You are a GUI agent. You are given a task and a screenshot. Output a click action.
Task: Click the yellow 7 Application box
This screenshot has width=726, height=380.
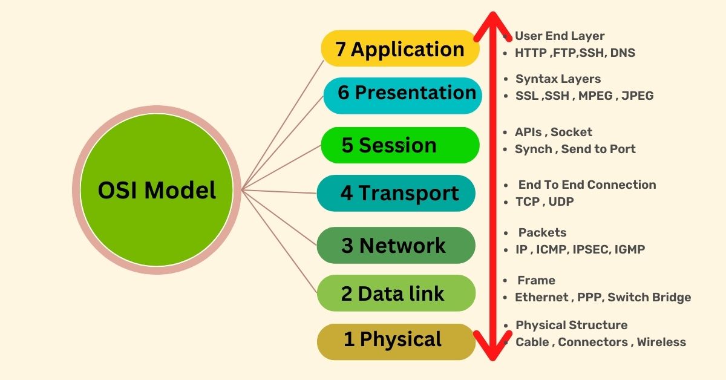(x=399, y=48)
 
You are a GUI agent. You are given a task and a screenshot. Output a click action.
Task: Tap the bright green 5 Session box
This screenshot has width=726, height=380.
(x=399, y=145)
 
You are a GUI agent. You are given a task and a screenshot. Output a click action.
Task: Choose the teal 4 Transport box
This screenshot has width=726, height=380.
(x=396, y=194)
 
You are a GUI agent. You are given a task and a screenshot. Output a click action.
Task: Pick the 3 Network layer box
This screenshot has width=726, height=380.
(x=396, y=246)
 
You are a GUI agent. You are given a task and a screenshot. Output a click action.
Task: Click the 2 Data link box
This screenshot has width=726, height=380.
(x=396, y=293)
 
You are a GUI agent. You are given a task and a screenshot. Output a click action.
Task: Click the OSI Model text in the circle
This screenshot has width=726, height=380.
(x=157, y=191)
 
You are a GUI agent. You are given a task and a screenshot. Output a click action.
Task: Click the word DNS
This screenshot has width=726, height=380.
(x=623, y=53)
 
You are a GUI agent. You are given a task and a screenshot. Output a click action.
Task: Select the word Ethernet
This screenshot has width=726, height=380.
(x=541, y=297)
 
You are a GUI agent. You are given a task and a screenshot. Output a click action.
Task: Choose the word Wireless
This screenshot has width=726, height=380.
(x=661, y=342)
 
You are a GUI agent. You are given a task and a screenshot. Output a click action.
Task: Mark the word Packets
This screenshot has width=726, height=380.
(x=542, y=233)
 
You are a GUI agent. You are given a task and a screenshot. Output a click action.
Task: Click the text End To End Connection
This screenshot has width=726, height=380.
(x=587, y=185)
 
